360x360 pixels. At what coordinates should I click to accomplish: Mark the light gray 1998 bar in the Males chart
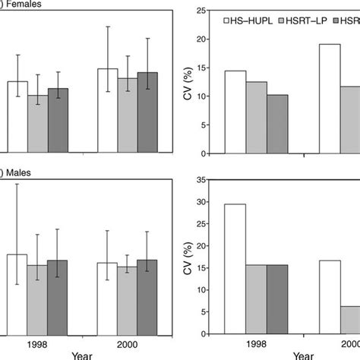click(x=37, y=300)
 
